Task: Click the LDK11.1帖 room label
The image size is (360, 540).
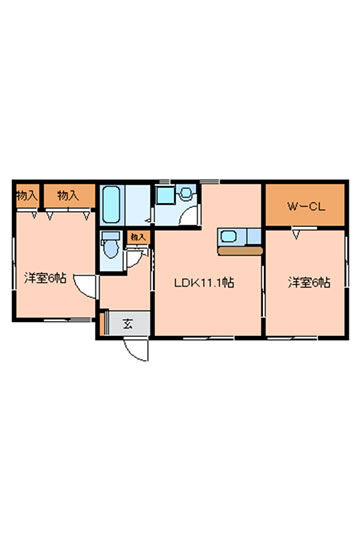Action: [x=204, y=283]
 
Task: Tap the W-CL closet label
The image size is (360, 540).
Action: [x=306, y=207]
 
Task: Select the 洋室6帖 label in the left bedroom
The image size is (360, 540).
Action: [x=45, y=278]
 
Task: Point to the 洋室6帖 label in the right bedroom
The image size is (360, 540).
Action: [x=309, y=283]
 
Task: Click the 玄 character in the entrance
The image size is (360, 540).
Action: [x=128, y=324]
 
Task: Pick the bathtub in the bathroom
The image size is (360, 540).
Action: [x=111, y=204]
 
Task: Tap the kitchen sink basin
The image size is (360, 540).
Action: [x=228, y=236]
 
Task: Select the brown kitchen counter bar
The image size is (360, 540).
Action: [x=240, y=251]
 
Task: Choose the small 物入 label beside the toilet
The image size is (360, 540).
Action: [x=138, y=237]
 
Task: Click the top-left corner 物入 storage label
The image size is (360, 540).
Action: [x=27, y=196]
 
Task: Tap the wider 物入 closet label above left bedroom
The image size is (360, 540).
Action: [x=68, y=196]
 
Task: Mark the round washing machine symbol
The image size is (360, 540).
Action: [x=186, y=193]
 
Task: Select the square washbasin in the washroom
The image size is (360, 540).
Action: [x=166, y=195]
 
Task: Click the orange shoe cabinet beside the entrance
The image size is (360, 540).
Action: [x=102, y=324]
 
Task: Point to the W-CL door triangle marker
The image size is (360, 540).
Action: [x=296, y=235]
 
